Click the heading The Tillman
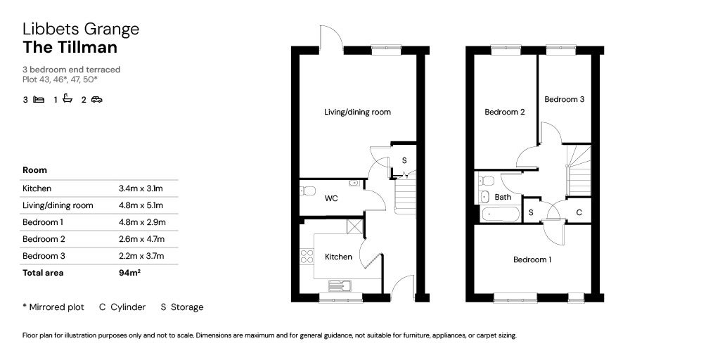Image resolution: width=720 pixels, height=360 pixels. pyautogui.click(x=70, y=47)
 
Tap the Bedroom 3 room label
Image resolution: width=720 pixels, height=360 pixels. pyautogui.click(x=565, y=99)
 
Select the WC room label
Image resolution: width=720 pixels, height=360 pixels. pyautogui.click(x=331, y=198)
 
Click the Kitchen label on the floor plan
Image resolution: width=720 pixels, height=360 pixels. pyautogui.click(x=338, y=257)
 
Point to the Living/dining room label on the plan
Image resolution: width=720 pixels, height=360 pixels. pyautogui.click(x=357, y=112)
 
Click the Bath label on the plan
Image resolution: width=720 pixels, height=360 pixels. pyautogui.click(x=503, y=198)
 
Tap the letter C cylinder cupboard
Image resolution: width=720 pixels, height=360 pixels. pyautogui.click(x=579, y=212)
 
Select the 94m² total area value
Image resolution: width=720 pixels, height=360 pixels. pyautogui.click(x=129, y=273)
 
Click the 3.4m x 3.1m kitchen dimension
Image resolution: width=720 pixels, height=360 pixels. pyautogui.click(x=141, y=188)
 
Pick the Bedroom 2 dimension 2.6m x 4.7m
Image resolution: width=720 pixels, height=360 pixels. pyautogui.click(x=141, y=239)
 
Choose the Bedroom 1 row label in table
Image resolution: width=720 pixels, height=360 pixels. pyautogui.click(x=44, y=222)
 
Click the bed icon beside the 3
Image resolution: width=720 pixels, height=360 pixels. pyautogui.click(x=39, y=99)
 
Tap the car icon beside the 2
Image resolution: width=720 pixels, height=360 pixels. pyautogui.click(x=96, y=99)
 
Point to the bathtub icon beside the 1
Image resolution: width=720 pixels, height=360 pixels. pyautogui.click(x=67, y=98)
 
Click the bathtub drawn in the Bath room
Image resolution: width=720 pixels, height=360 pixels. pyautogui.click(x=500, y=214)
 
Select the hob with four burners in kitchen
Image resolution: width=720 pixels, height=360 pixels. pyautogui.click(x=307, y=256)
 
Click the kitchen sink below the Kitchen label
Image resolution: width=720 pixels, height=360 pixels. pyautogui.click(x=340, y=285)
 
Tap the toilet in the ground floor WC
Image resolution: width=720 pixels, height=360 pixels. pyautogui.click(x=307, y=191)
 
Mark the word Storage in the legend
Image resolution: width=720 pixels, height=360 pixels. pyautogui.click(x=187, y=307)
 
